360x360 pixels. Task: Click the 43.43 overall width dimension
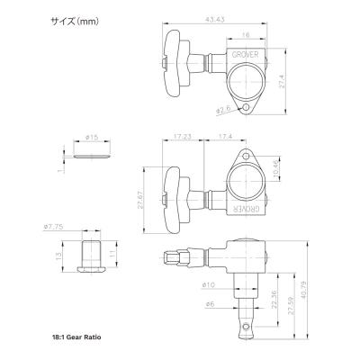pyautogui.click(x=215, y=19)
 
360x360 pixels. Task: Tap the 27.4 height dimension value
pyautogui.click(x=282, y=82)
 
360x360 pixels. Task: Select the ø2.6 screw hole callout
pyautogui.click(x=223, y=111)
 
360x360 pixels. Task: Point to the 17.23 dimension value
pyautogui.click(x=183, y=136)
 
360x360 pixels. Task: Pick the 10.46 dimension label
pyautogui.click(x=276, y=168)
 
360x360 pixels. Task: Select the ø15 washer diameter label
pyautogui.click(x=92, y=137)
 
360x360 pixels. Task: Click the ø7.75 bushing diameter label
pyautogui.click(x=53, y=227)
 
